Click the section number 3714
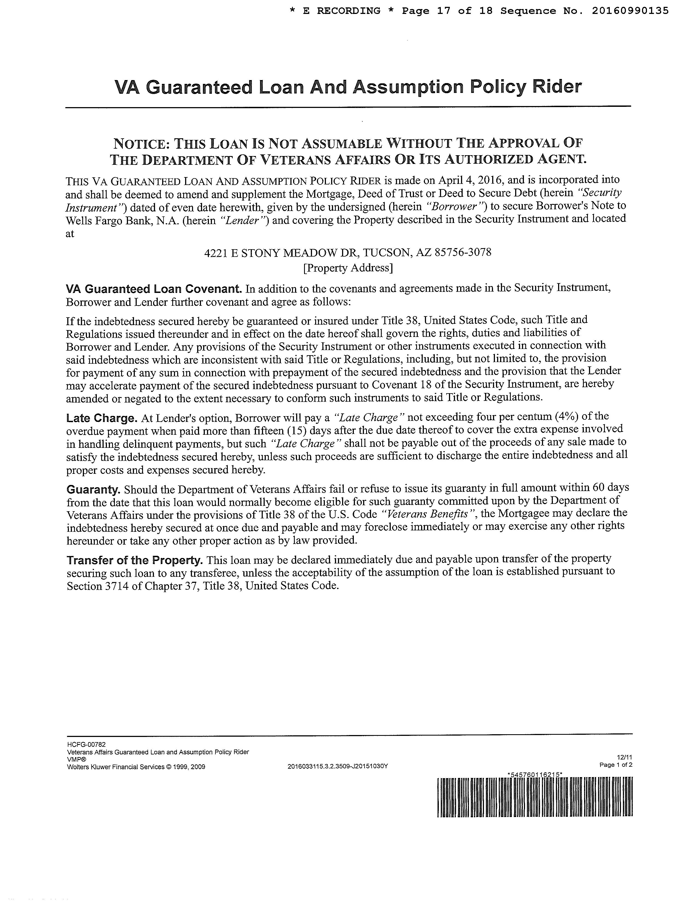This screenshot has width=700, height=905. pos(116,586)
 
